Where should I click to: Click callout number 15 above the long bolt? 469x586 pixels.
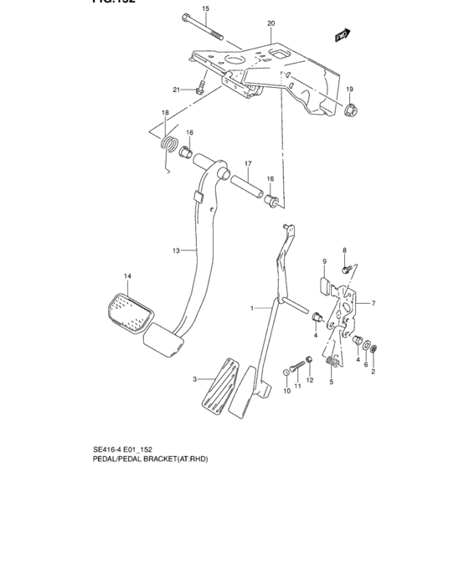(x=206, y=8)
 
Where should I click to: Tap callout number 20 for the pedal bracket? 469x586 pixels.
(x=271, y=23)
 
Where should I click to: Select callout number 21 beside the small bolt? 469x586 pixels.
(x=177, y=90)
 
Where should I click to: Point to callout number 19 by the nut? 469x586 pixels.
(x=350, y=90)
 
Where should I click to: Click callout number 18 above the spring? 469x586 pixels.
(x=165, y=113)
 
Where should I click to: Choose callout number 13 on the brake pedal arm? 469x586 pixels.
(x=176, y=250)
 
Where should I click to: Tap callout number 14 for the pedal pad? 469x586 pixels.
(x=128, y=276)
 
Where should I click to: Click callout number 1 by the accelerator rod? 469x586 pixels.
(x=251, y=309)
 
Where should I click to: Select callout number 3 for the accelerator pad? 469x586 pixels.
(x=194, y=379)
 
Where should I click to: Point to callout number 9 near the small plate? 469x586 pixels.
(x=325, y=262)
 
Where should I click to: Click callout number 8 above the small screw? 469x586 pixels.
(x=344, y=249)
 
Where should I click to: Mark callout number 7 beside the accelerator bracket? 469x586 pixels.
(x=373, y=303)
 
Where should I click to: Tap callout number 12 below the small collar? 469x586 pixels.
(x=309, y=381)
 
